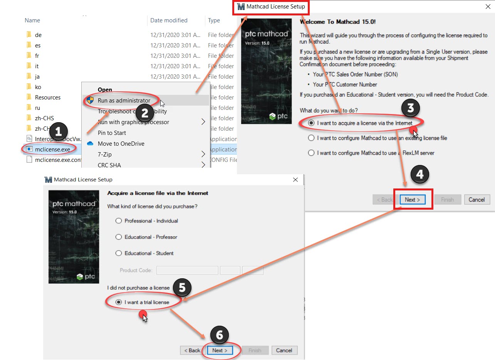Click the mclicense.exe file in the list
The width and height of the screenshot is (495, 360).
pyautogui.click(x=52, y=149)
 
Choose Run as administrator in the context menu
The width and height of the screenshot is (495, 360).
pyautogui.click(x=124, y=100)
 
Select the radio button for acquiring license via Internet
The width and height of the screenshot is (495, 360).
pyautogui.click(x=312, y=123)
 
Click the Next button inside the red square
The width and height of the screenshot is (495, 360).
pyautogui.click(x=412, y=200)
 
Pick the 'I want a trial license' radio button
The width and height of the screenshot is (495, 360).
pyautogui.click(x=119, y=302)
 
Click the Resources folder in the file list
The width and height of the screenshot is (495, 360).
pyautogui.click(x=47, y=98)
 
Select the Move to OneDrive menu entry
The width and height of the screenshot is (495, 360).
pyautogui.click(x=121, y=143)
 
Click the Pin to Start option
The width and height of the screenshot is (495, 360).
pyautogui.click(x=112, y=133)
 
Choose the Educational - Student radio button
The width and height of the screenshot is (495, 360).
pyautogui.click(x=119, y=253)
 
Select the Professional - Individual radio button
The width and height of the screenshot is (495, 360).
pyautogui.click(x=119, y=221)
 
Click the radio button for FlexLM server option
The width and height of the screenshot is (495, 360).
pyautogui.click(x=312, y=153)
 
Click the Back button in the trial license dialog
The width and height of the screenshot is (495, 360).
pyautogui.click(x=191, y=350)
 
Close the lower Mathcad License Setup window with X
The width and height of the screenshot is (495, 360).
pyautogui.click(x=295, y=180)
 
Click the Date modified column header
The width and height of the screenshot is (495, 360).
pyautogui.click(x=169, y=20)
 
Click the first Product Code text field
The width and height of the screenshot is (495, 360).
pyautogui.click(x=187, y=270)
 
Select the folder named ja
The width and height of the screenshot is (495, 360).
pyautogui.click(x=37, y=77)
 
